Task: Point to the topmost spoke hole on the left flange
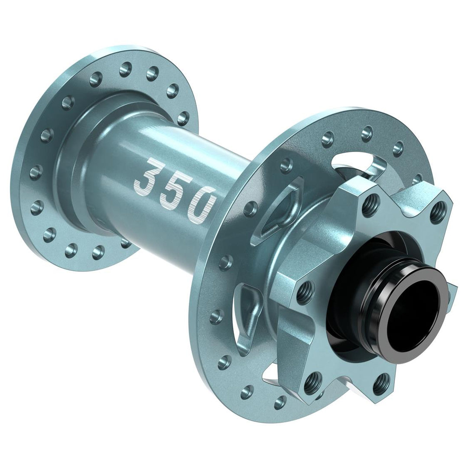click(126, 67)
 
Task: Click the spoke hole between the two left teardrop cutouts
click(226, 262)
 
